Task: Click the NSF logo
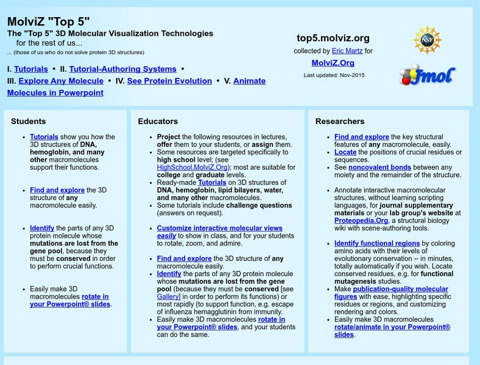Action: point(426,40)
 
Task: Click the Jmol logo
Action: point(427,74)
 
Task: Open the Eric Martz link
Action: point(348,51)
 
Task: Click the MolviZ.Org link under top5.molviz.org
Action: point(333,63)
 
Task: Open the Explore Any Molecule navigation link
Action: point(61,81)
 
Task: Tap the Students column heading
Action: point(28,122)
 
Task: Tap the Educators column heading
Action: point(158,122)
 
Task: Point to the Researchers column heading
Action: point(340,122)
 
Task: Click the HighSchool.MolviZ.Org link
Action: point(192,167)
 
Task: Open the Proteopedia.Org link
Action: point(361,221)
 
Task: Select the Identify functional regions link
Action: point(377,244)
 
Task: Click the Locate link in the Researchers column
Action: point(345,152)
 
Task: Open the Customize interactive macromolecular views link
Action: point(219,229)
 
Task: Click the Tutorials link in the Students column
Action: point(44,137)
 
